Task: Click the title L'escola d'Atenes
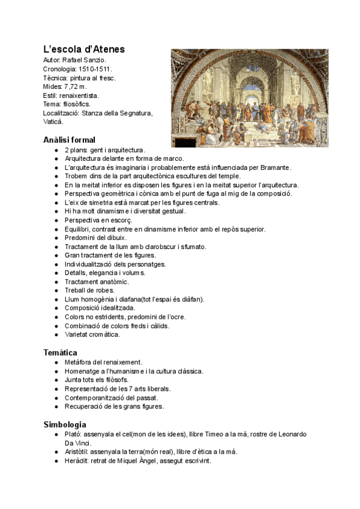coord(84,49)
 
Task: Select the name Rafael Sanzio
coord(85,61)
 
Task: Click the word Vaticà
coord(53,121)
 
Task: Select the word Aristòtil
coord(76,451)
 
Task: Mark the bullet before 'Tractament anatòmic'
coord(56,282)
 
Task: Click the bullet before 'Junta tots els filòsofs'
coord(56,380)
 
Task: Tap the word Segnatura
coord(135,113)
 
